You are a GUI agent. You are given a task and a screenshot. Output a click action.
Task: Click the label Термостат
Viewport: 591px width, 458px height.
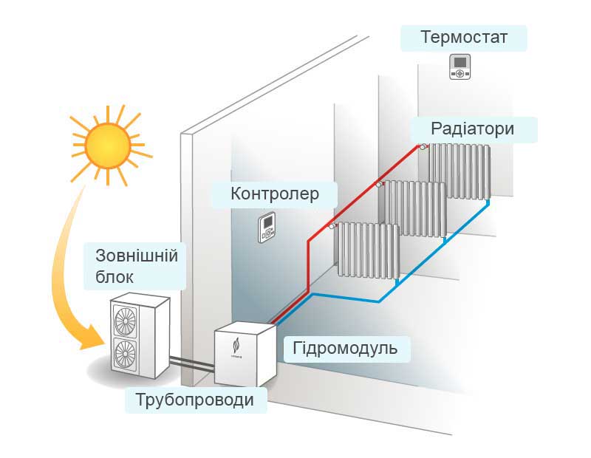coord(464,37)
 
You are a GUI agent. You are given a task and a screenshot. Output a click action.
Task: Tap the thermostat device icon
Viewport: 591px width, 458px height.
coord(460,67)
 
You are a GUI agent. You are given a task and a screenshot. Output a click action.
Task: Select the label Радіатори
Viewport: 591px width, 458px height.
coord(474,129)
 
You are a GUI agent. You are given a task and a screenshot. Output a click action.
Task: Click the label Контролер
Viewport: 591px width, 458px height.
coord(275,194)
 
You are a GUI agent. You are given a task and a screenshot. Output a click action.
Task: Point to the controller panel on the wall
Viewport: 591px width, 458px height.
coord(267,229)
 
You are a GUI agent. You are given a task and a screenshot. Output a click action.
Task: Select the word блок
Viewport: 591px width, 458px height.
coord(115,278)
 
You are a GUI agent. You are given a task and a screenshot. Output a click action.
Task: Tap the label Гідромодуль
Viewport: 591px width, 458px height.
coord(346,347)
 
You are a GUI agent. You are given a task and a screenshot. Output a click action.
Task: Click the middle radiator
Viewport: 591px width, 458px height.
coord(414,208)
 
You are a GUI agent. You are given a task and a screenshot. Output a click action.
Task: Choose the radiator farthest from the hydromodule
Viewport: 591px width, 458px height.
coord(459,171)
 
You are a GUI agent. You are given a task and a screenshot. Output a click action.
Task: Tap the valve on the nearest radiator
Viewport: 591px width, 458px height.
coord(333,225)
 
